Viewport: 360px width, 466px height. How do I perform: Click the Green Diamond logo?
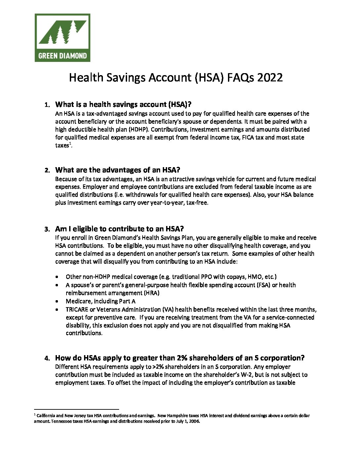[x=62, y=37]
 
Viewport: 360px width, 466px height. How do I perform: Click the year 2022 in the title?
[x=270, y=77]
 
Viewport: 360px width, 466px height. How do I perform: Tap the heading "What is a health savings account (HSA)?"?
[x=123, y=105]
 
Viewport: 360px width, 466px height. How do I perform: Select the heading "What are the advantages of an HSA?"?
[x=117, y=170]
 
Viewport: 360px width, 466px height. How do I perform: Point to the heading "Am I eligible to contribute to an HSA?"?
[x=119, y=229]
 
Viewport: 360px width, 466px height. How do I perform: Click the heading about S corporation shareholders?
[x=180, y=358]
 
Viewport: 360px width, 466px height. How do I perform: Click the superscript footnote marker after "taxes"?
[x=70, y=144]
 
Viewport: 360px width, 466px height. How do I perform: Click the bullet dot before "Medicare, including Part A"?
[x=58, y=302]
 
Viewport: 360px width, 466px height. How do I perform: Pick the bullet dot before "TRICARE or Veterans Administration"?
[x=58, y=310]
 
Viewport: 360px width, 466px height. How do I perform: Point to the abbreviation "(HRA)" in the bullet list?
[x=152, y=293]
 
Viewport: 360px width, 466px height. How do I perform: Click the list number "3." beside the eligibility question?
[x=47, y=229]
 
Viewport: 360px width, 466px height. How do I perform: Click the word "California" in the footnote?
[x=46, y=416]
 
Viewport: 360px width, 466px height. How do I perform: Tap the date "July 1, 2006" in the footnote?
[x=188, y=422]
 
